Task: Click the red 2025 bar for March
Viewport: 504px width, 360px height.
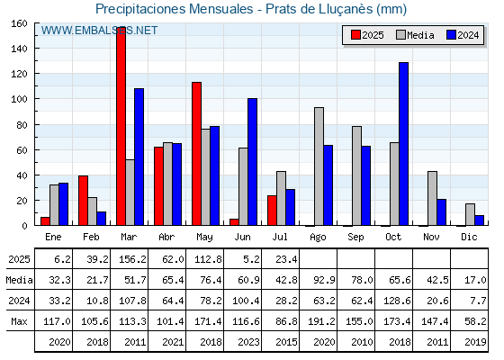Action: (x=121, y=126)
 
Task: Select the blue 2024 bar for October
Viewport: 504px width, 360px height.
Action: (x=403, y=144)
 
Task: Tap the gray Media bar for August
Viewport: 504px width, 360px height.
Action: (x=319, y=166)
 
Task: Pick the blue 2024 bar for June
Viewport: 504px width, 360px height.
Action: (x=252, y=162)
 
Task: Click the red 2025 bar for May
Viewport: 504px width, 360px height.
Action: (x=196, y=154)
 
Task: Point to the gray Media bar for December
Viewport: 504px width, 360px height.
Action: (x=470, y=214)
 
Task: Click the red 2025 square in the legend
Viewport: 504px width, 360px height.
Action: (x=355, y=35)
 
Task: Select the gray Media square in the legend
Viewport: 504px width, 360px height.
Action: (x=400, y=35)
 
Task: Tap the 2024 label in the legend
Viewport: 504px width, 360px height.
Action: (x=468, y=35)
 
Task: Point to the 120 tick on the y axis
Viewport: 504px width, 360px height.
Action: (x=19, y=74)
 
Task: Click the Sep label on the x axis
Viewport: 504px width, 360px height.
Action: (x=355, y=237)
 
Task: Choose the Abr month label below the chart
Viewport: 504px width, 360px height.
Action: (x=166, y=237)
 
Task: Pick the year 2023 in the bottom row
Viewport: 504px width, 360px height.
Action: (x=248, y=342)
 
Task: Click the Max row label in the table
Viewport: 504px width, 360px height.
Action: (x=19, y=321)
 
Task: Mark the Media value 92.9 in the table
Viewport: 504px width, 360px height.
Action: (x=324, y=280)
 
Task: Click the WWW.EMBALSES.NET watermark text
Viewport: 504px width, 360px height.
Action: (x=99, y=31)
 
